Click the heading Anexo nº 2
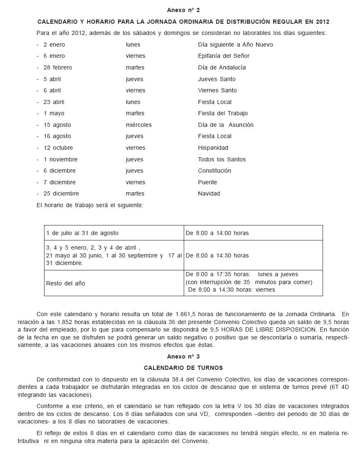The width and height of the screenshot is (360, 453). (x=183, y=10)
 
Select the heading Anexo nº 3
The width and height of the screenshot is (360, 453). (x=183, y=356)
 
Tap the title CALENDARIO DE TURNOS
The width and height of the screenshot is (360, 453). (x=183, y=368)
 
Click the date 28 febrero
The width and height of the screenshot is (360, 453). (x=57, y=67)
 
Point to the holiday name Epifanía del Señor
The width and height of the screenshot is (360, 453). (x=224, y=56)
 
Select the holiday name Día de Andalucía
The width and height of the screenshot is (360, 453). (x=222, y=67)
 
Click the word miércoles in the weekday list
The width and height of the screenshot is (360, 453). (x=139, y=125)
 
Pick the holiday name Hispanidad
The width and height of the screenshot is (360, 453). (x=213, y=148)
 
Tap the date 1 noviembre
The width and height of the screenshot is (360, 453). (x=60, y=159)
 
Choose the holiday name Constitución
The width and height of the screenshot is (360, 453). (x=215, y=171)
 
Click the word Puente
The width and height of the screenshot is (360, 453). (x=207, y=182)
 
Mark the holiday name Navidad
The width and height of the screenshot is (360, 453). (x=209, y=193)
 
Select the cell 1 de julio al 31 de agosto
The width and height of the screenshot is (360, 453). (x=82, y=233)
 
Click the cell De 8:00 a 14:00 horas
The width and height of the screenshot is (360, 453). (x=217, y=233)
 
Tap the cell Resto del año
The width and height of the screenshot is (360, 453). (x=65, y=283)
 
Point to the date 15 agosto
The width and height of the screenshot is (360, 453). (x=57, y=125)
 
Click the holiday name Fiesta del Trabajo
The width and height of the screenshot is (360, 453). (x=223, y=113)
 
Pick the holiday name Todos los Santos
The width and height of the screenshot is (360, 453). (x=222, y=159)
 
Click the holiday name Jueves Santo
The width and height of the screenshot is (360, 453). (x=217, y=79)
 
